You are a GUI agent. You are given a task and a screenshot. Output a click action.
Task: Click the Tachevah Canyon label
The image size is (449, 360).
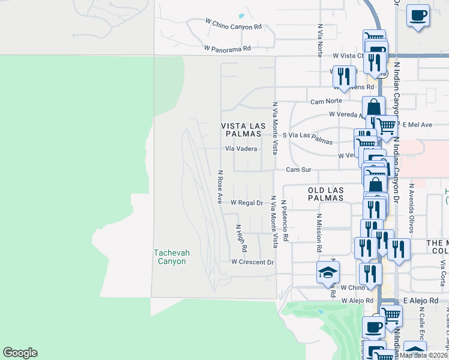pyautogui.click(x=171, y=257)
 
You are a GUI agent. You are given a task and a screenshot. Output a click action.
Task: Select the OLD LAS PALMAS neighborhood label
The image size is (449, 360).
pyautogui.click(x=325, y=193)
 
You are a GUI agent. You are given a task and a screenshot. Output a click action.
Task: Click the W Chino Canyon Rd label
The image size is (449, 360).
pyautogui.click(x=234, y=27)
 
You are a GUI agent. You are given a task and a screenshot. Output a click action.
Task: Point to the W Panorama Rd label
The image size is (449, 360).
pyautogui.click(x=227, y=48)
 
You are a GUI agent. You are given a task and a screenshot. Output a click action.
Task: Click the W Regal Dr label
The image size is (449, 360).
pyautogui.click(x=247, y=203)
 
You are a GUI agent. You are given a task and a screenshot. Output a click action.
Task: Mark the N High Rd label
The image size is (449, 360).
pyautogui.click(x=241, y=238)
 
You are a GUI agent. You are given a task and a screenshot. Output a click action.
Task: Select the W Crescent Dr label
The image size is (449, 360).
pyautogui.click(x=253, y=262)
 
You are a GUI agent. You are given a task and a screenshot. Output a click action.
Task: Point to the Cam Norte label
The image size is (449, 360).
pyautogui.click(x=326, y=101)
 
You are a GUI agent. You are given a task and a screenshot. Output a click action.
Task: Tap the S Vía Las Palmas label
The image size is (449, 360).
pyautogui.click(x=307, y=139)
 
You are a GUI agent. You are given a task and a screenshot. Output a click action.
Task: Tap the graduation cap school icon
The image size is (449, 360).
pyautogui.click(x=328, y=272)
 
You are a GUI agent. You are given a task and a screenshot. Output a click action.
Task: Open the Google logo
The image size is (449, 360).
pyautogui.click(x=20, y=353)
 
